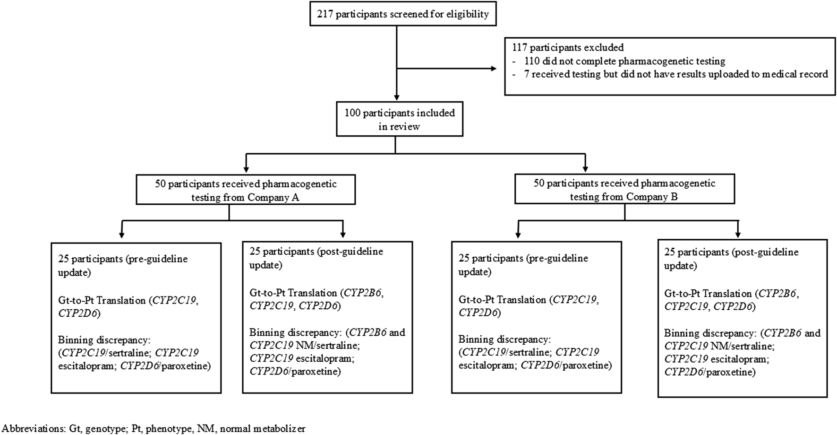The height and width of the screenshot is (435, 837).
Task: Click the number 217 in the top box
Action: [x=326, y=14]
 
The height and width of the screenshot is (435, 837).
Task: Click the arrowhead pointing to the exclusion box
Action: [x=494, y=69]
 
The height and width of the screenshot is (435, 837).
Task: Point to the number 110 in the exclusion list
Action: [x=532, y=61]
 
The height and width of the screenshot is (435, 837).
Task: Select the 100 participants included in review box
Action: [x=399, y=120]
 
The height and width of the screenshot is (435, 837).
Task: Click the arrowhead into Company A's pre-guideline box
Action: [x=122, y=235]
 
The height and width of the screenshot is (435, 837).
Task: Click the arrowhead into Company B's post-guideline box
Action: [x=738, y=235]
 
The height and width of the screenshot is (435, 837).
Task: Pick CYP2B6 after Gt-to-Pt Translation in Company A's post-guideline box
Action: [x=363, y=293]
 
